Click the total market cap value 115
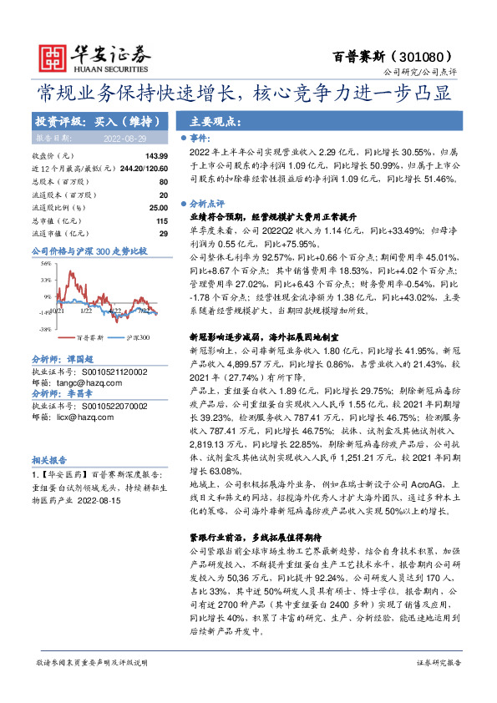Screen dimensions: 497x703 click(x=162, y=220)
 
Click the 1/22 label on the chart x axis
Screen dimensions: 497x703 click(x=86, y=311)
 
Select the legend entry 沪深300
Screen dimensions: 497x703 click(x=137, y=338)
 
